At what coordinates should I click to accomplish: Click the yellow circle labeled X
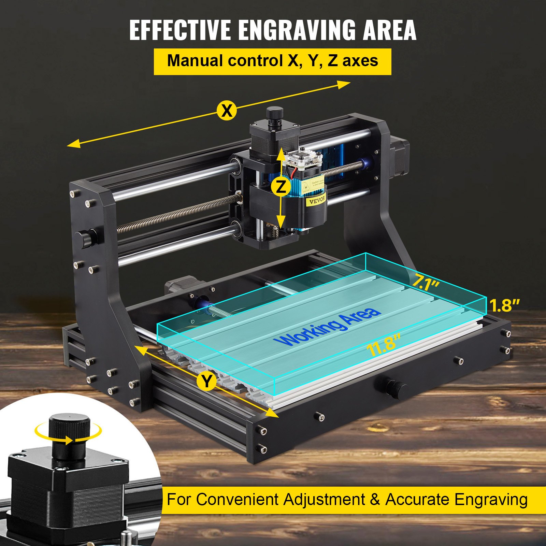[x=227, y=111]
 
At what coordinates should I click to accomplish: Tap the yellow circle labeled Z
[x=281, y=187]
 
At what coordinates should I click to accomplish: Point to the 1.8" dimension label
[x=505, y=305]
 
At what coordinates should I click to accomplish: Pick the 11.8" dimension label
[x=383, y=345]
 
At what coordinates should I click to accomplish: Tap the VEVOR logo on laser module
[x=317, y=200]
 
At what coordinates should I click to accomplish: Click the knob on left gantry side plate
[x=85, y=238]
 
